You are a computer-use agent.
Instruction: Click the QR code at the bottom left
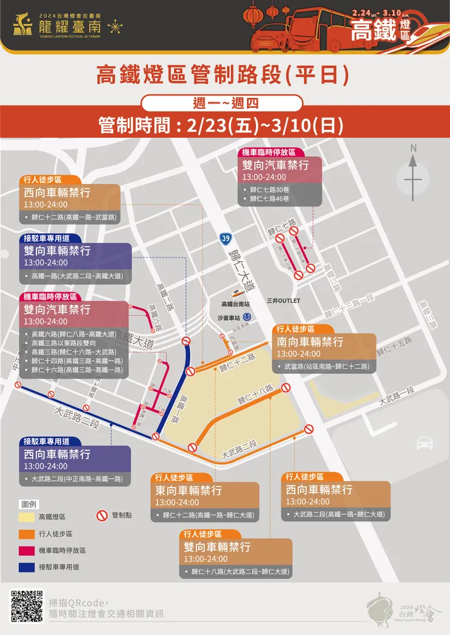[x=27, y=606]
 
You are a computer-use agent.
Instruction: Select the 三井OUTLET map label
[x=283, y=301]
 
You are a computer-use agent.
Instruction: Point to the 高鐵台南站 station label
[x=235, y=304]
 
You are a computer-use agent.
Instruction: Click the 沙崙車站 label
[x=229, y=317]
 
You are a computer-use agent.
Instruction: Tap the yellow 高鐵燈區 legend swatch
[x=27, y=517]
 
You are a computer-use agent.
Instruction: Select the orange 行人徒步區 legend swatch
[x=27, y=534]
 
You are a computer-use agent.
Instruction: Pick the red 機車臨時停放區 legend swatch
[x=27, y=550]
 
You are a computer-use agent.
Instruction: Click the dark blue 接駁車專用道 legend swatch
[x=27, y=567]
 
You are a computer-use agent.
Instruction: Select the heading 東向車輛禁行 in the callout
[x=189, y=491]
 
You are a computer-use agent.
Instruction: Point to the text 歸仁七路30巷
[x=270, y=189]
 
